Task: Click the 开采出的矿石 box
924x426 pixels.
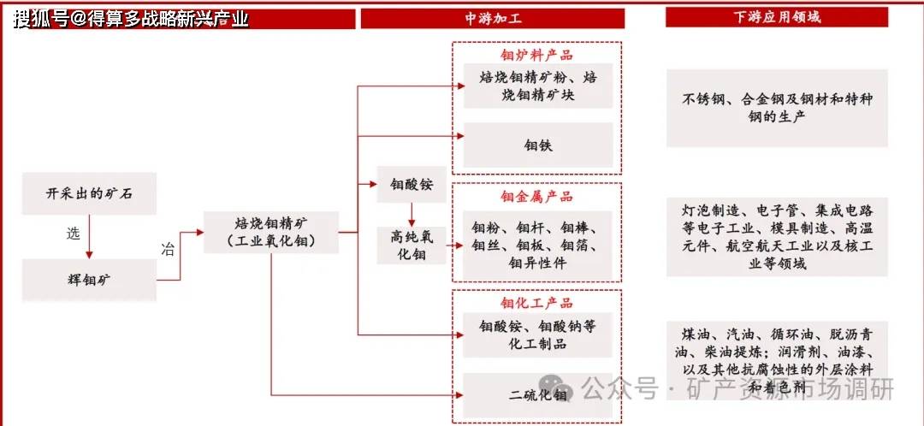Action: point(90,195)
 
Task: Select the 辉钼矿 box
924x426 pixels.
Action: point(90,279)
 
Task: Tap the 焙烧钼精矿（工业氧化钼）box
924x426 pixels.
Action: point(271,233)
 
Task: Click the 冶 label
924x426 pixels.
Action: point(168,250)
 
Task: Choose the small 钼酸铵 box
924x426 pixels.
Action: point(412,184)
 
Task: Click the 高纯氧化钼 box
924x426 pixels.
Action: point(412,246)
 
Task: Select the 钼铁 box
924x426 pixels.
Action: point(538,145)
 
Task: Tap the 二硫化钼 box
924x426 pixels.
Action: point(538,395)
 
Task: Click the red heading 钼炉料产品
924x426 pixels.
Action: point(537,56)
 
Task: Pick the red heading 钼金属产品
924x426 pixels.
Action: point(537,197)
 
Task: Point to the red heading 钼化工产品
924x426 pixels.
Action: point(537,304)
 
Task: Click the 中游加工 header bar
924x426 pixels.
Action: point(492,18)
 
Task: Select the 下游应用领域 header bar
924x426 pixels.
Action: point(777,17)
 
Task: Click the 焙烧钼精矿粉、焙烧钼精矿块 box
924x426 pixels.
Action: point(538,86)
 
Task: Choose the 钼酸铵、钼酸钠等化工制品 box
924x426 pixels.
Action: point(538,335)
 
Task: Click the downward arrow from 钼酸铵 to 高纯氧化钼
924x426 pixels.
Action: point(412,214)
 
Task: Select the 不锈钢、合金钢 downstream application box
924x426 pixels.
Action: point(777,108)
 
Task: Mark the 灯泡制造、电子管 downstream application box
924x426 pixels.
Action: point(777,236)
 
